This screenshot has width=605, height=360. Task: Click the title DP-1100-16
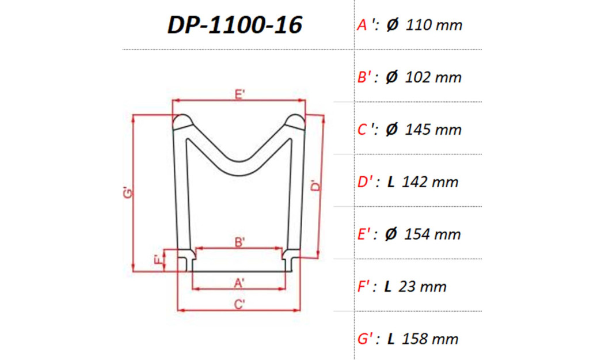click(x=235, y=25)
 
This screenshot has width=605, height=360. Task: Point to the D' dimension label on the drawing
click(x=315, y=186)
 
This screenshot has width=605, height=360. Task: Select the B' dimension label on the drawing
click(x=240, y=243)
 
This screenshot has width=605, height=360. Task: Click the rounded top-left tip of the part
click(x=183, y=122)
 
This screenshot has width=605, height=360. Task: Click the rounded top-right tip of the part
click(x=296, y=122)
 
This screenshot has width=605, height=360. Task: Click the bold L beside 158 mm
click(x=391, y=339)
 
